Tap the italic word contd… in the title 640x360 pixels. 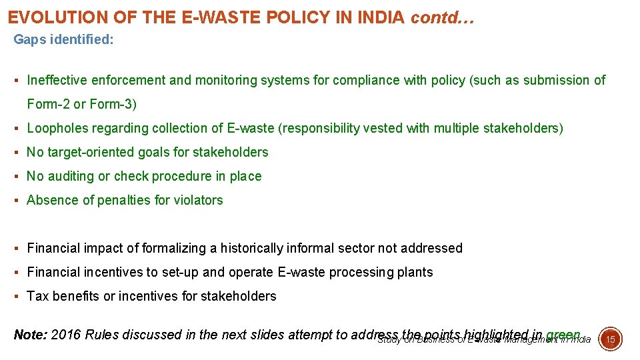[442, 17]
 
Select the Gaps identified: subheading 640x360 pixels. [64, 40]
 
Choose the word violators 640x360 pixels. [198, 201]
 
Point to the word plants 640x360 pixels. [416, 273]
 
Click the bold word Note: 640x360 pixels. [30, 335]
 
